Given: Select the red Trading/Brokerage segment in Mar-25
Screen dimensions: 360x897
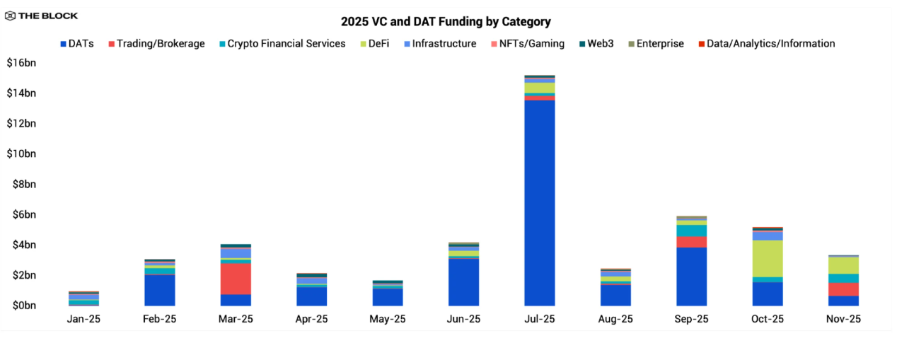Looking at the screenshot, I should click(236, 278).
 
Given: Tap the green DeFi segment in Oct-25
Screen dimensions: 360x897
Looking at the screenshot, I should click(767, 258).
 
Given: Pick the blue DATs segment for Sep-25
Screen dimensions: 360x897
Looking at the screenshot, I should click(691, 276).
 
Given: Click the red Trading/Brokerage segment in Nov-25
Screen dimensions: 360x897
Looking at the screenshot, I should click(843, 289).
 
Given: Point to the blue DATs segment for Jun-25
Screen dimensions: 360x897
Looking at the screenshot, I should click(463, 281).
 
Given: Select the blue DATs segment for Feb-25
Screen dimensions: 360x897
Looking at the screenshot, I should click(160, 290).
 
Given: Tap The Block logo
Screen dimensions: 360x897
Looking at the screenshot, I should click(41, 16).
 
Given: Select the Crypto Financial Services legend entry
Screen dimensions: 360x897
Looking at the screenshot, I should click(281, 44).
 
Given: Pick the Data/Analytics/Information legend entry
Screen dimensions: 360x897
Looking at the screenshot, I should click(765, 44).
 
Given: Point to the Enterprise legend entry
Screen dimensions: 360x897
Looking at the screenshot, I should click(654, 44).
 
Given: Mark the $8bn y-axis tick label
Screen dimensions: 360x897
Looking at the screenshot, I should click(23, 185).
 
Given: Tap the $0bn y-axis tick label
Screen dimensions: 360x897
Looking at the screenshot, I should click(23, 306).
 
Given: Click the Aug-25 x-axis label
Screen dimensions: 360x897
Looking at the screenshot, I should click(615, 319).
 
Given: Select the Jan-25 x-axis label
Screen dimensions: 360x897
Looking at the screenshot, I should click(83, 319).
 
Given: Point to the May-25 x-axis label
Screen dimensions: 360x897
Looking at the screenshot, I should click(388, 319).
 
